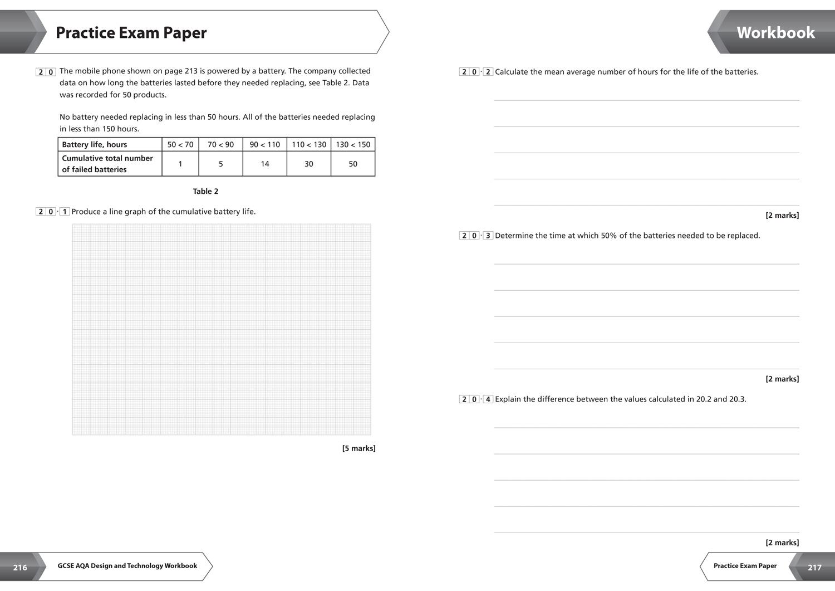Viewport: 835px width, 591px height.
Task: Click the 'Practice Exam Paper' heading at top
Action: (x=131, y=33)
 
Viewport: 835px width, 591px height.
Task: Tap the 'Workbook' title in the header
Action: (x=775, y=33)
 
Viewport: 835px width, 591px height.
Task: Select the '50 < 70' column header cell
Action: (x=180, y=145)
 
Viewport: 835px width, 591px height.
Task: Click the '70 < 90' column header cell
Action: (x=220, y=145)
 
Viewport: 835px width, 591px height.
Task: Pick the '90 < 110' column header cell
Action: (x=264, y=145)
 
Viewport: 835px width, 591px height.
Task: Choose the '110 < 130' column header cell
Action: (x=309, y=145)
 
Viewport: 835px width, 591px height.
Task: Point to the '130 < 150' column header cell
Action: (x=353, y=145)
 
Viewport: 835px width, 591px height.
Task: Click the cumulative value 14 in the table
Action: (x=265, y=164)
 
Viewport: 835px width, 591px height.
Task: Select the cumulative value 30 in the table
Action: (x=309, y=164)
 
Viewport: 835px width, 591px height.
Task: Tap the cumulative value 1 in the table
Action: (x=180, y=164)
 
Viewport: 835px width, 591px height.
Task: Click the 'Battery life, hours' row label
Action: (x=95, y=145)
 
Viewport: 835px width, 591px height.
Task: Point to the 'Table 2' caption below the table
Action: (x=205, y=192)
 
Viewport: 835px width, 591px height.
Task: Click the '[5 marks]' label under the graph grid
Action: (x=358, y=448)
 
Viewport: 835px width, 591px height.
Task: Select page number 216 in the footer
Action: (x=20, y=568)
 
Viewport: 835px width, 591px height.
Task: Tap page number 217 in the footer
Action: (x=814, y=568)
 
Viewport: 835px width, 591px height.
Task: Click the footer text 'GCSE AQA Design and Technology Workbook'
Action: (x=127, y=566)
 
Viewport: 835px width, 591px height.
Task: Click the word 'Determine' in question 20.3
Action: (x=513, y=236)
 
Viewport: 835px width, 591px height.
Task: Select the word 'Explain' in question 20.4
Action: (x=508, y=399)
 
